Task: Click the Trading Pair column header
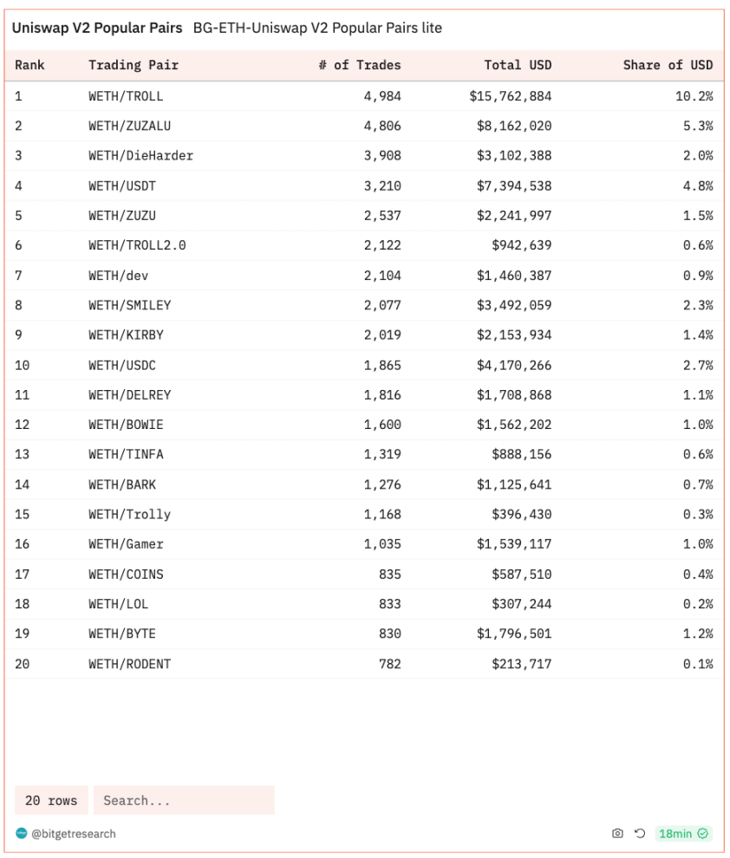pyautogui.click(x=133, y=65)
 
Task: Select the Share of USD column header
pyautogui.click(x=668, y=65)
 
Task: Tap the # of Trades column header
pyautogui.click(x=359, y=65)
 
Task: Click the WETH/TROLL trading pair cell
pyautogui.click(x=125, y=96)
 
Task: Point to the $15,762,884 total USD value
pyautogui.click(x=510, y=96)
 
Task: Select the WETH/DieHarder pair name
pyautogui.click(x=140, y=156)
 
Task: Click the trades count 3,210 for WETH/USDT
pyautogui.click(x=382, y=185)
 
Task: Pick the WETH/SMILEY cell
pyautogui.click(x=129, y=305)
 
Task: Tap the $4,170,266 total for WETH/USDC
pyautogui.click(x=513, y=365)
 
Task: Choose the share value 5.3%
pyautogui.click(x=697, y=126)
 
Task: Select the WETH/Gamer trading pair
pyautogui.click(x=126, y=544)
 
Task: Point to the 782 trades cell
pyautogui.click(x=389, y=664)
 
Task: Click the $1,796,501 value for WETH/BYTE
pyautogui.click(x=513, y=634)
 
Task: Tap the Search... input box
pyautogui.click(x=184, y=801)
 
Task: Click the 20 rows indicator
pyautogui.click(x=51, y=801)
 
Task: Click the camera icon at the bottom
pyautogui.click(x=617, y=834)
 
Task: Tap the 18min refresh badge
pyautogui.click(x=683, y=834)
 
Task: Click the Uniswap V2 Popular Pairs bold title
pyautogui.click(x=96, y=28)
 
